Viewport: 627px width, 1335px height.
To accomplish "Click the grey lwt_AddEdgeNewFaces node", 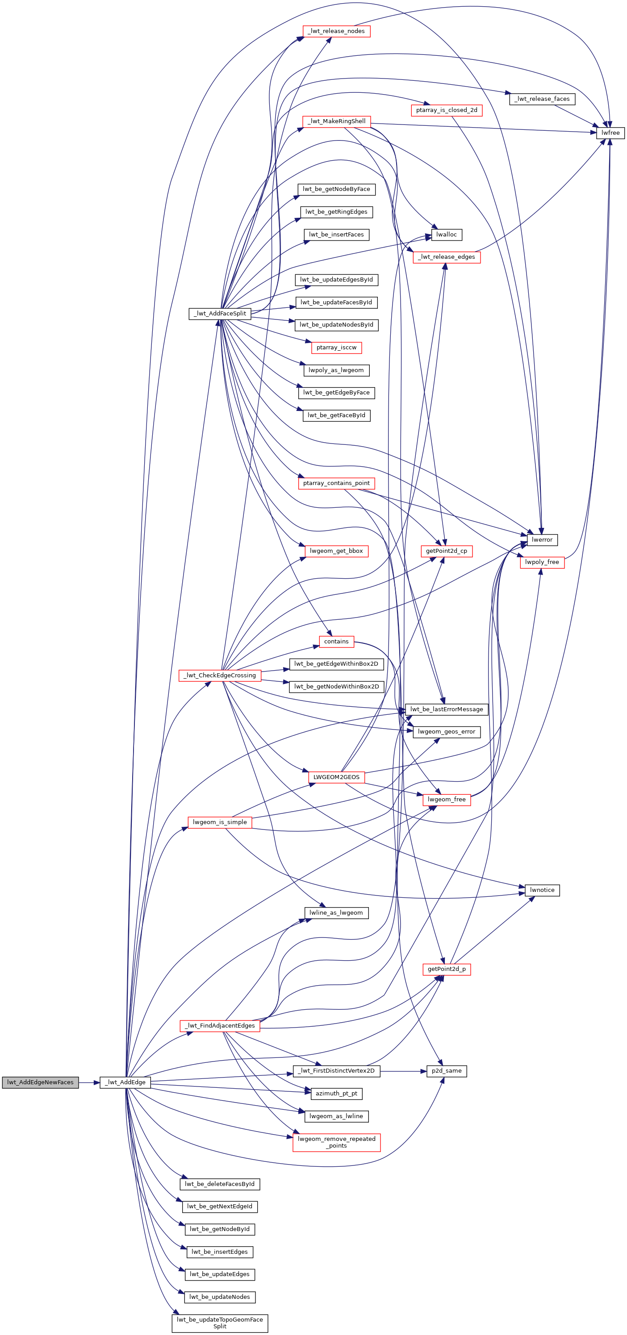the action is tap(41, 1082).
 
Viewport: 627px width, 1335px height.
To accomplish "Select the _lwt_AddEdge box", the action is tap(125, 1082).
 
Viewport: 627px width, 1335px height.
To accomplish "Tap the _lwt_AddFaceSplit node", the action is tap(220, 314).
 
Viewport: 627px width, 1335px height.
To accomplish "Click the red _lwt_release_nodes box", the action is tap(336, 31).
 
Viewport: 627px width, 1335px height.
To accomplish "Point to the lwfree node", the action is tap(610, 133).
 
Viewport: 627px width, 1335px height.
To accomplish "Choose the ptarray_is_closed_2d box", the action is tap(447, 110).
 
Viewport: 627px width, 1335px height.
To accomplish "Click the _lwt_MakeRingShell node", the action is tap(336, 121).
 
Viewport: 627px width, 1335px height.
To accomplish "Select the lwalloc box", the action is tap(447, 234).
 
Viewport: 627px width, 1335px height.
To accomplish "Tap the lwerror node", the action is tap(542, 539).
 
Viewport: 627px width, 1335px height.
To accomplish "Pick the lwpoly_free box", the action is tap(542, 562).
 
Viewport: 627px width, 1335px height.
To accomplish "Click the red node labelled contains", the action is tap(336, 641).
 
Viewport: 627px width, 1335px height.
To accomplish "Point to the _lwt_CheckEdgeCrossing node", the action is tap(220, 675).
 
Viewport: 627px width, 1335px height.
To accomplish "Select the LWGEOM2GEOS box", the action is tap(336, 777).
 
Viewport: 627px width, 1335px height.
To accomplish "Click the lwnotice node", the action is tap(542, 890).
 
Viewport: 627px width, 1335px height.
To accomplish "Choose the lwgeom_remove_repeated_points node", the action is tap(336, 1142).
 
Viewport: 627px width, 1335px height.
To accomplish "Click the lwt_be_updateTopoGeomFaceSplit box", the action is tap(220, 1323).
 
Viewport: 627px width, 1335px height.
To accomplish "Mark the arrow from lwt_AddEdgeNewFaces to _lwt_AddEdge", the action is tap(89, 1082).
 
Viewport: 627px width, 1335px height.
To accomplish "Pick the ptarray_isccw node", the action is tap(336, 347).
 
